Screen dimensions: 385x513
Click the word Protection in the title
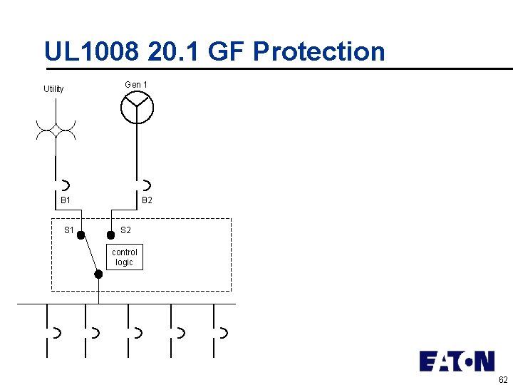318,51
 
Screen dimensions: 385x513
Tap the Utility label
53,89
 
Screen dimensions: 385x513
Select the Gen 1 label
136,85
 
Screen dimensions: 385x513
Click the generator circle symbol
137,108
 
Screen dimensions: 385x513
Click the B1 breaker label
65,201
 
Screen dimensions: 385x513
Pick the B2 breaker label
147,201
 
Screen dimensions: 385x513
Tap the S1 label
69,230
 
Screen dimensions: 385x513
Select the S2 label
125,230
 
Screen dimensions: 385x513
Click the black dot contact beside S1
81,235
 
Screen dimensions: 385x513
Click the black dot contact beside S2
110,235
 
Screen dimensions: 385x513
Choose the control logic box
124,257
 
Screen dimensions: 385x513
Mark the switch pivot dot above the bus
98,274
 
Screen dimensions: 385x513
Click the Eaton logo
456,361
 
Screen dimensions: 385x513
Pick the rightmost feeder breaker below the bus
222,332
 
